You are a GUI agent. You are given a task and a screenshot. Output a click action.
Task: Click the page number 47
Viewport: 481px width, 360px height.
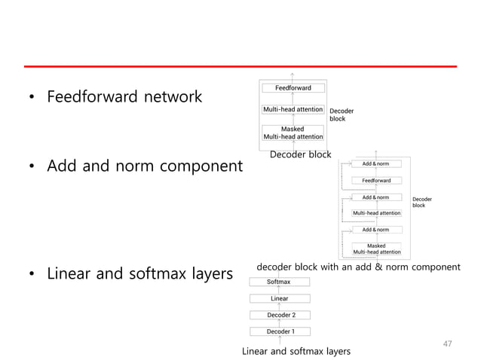tap(447, 343)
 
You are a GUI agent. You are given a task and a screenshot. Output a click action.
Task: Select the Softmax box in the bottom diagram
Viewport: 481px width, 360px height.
tap(279, 282)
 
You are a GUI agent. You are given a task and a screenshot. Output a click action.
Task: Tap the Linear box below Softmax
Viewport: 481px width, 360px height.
tap(279, 298)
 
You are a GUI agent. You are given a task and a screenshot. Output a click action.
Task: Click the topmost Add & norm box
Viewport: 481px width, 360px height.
tap(375, 163)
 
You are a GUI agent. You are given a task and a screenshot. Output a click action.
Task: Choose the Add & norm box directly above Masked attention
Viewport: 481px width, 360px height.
tap(375, 230)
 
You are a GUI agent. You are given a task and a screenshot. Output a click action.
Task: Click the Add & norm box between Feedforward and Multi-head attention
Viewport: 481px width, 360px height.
tap(375, 197)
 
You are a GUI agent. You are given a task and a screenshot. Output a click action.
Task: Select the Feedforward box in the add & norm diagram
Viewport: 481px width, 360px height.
tap(375, 181)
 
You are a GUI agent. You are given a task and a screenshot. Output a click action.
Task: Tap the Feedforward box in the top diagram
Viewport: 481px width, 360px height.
tap(293, 88)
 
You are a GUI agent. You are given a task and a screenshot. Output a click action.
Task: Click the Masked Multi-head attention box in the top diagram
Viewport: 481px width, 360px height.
tap(293, 133)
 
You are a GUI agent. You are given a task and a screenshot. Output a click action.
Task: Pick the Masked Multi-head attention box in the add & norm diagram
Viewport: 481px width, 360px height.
tap(375, 249)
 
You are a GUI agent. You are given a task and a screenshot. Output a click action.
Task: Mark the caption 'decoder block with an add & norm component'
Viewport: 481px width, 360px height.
tap(358, 267)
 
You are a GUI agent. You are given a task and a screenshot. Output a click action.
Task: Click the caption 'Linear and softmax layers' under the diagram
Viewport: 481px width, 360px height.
tap(296, 352)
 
